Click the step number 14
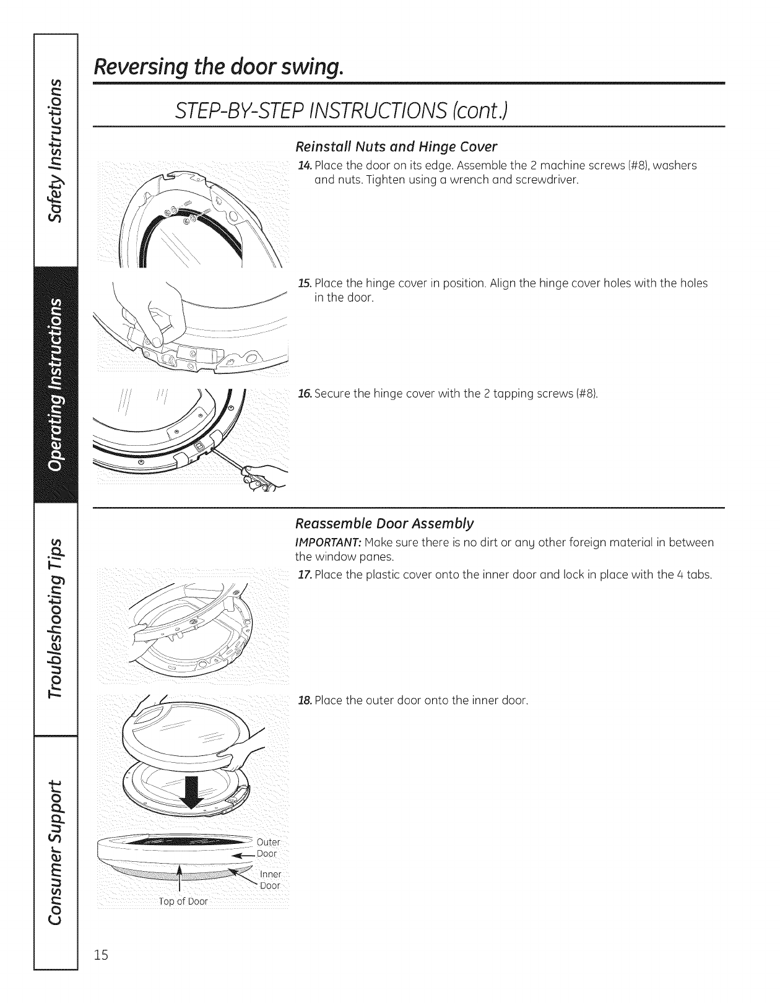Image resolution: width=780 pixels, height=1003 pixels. click(x=303, y=165)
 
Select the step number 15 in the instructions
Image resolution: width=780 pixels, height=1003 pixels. click(x=303, y=284)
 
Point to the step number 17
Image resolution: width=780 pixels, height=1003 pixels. click(x=303, y=575)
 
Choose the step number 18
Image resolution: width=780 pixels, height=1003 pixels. click(x=303, y=701)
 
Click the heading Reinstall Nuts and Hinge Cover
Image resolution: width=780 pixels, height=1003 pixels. click(x=396, y=147)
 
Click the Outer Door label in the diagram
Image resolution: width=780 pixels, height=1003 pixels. click(x=268, y=848)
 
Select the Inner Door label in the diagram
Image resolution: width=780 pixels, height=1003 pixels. click(x=269, y=880)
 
